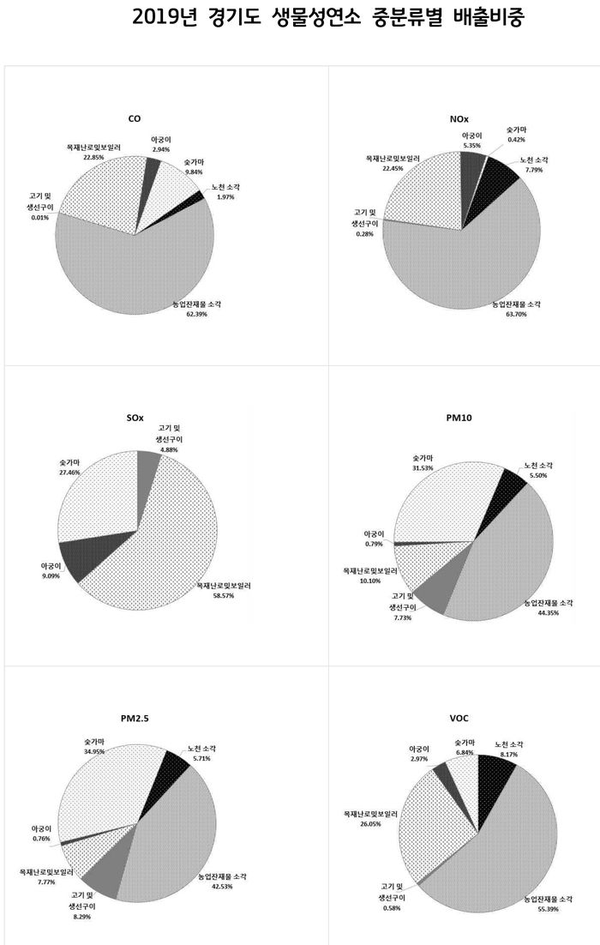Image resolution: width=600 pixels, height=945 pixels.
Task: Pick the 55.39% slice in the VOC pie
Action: (x=497, y=858)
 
